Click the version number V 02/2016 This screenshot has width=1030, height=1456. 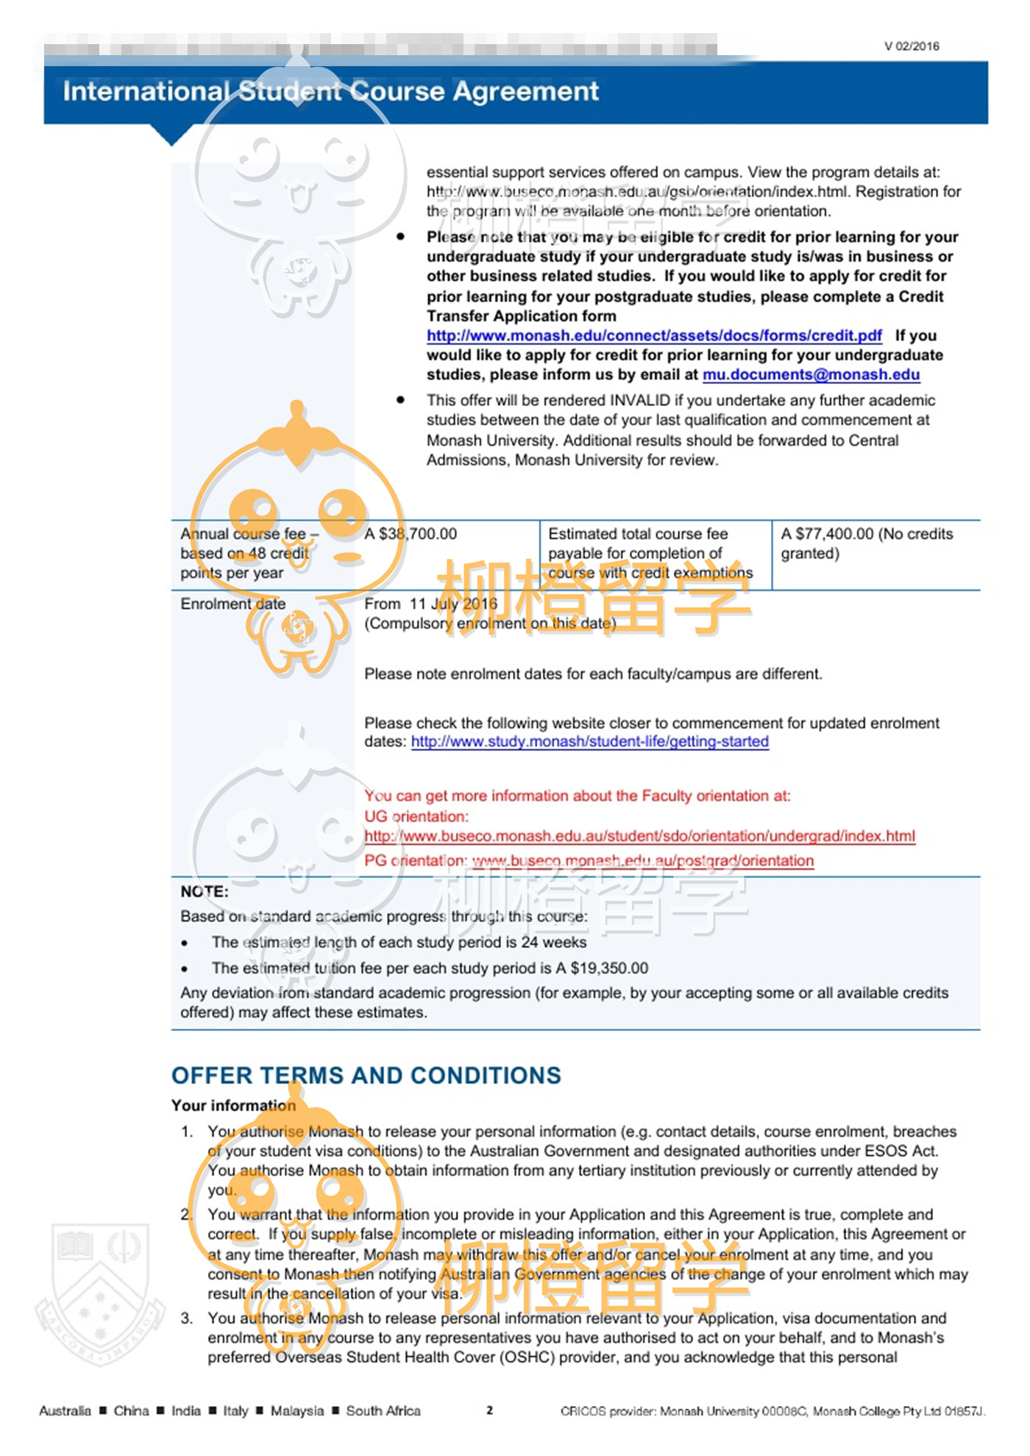coord(911,46)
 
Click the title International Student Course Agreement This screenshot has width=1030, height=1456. coord(330,91)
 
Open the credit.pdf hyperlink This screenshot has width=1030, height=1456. coord(653,335)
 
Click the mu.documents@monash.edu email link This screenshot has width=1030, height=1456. coord(811,374)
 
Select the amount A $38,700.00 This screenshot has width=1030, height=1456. coord(411,534)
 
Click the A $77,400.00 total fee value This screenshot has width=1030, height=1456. coord(827,534)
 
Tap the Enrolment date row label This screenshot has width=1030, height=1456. coord(232,604)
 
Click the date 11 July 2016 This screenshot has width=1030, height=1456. coord(453,604)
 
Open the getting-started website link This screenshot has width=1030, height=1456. coord(589,741)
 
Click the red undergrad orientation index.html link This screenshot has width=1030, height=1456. coord(639,836)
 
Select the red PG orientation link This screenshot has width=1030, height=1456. coord(642,860)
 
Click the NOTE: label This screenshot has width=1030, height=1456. coord(205,891)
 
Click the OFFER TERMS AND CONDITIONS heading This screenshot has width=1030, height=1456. coord(366,1075)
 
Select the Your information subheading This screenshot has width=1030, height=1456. coord(233,1105)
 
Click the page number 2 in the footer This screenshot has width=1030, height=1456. coord(489,1410)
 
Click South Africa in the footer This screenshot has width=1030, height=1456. coord(383,1410)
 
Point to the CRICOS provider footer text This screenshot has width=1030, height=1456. coord(772,1410)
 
